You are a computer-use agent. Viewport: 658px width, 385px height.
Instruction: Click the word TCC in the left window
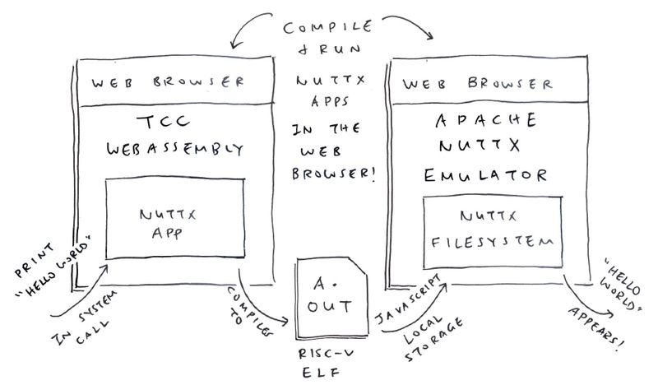click(164, 123)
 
